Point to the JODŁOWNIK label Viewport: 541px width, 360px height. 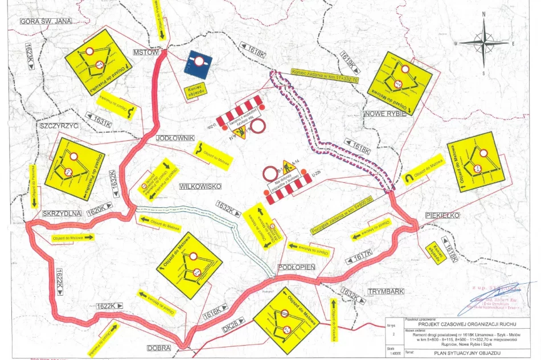point(175,138)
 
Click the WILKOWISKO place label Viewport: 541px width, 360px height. point(199,186)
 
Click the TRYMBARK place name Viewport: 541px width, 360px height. point(386,291)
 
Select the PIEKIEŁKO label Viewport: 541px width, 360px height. point(442,216)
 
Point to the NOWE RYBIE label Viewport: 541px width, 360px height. point(385,113)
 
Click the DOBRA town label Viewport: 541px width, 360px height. point(159,347)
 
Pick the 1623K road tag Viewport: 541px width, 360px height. point(29,57)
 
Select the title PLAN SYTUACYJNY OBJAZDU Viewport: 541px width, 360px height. point(461,353)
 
